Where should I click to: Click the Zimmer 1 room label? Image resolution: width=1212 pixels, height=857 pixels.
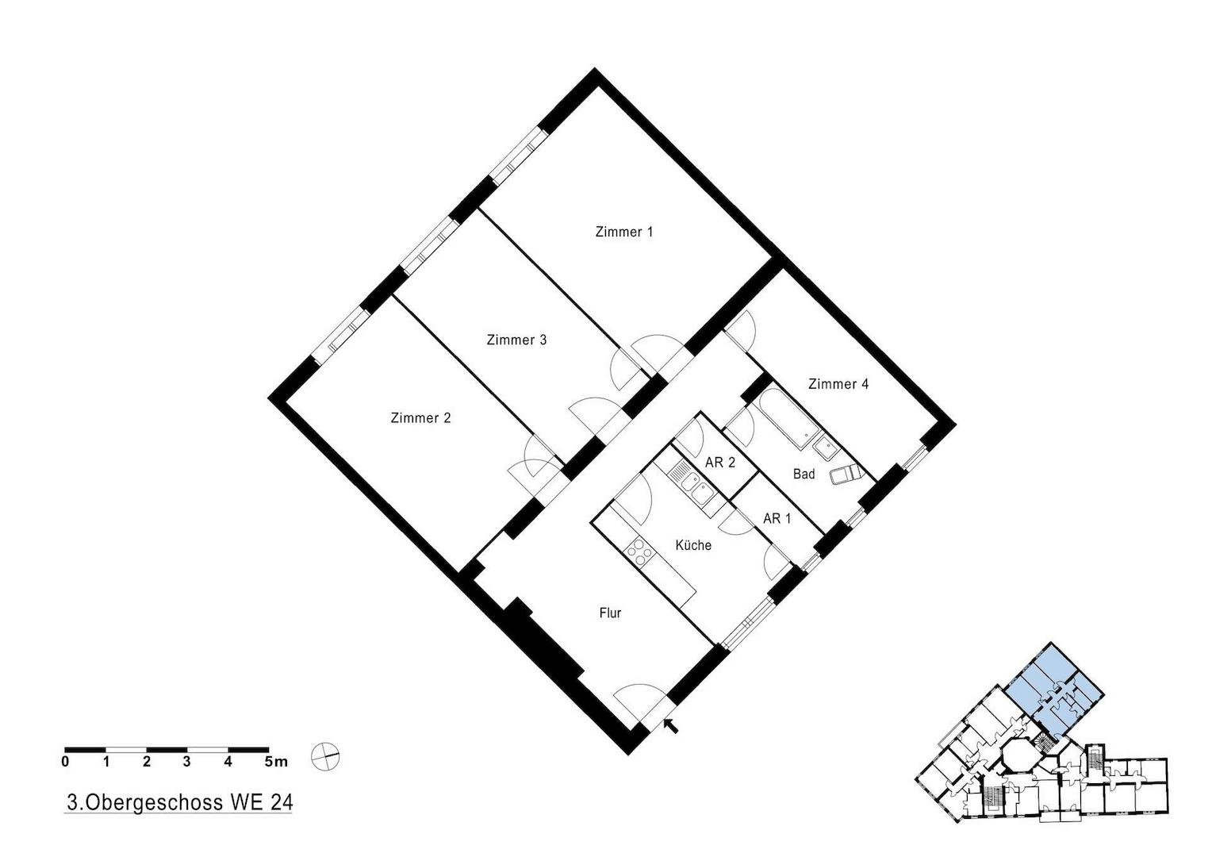click(624, 232)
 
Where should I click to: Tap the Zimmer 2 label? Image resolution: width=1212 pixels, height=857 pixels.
click(420, 418)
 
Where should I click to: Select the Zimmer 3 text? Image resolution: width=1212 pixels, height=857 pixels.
click(516, 340)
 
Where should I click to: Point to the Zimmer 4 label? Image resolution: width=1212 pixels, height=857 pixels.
click(838, 384)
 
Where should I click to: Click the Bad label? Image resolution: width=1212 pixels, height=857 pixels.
click(804, 474)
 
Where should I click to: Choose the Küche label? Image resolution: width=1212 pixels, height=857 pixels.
click(693, 545)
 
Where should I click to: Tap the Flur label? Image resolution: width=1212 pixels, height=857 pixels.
click(610, 613)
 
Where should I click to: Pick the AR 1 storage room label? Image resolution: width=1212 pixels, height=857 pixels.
click(777, 519)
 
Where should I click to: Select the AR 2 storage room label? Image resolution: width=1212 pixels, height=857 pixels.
click(720, 463)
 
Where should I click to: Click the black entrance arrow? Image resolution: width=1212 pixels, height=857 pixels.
click(671, 725)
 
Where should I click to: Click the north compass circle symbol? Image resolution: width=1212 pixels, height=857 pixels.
click(325, 755)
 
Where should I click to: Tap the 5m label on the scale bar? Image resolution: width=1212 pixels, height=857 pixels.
click(276, 763)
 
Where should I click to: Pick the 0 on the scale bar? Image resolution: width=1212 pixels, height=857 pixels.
click(66, 763)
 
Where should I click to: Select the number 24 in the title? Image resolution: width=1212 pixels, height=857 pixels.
click(281, 801)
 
